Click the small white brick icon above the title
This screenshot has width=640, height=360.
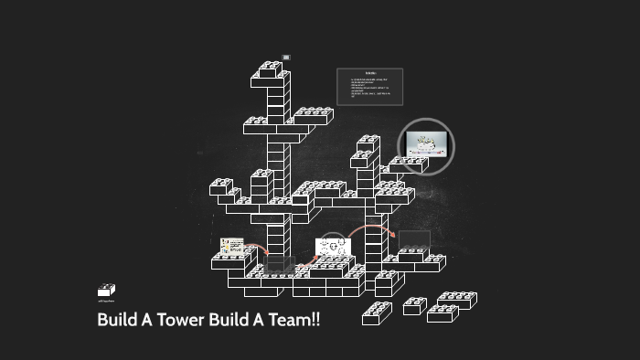pos(106,290)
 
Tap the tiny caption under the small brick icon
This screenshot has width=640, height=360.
pos(106,301)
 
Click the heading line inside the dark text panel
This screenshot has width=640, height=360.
pos(370,72)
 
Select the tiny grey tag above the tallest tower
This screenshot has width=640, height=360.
pos(286,57)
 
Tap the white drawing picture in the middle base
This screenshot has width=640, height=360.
pos(333,247)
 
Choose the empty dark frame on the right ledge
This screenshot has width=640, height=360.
pos(414,239)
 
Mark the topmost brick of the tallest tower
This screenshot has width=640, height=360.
pos(271,69)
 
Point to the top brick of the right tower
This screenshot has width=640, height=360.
pos(368,142)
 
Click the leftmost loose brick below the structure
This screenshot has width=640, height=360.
pos(377,313)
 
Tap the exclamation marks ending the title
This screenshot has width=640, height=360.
pos(315,322)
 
